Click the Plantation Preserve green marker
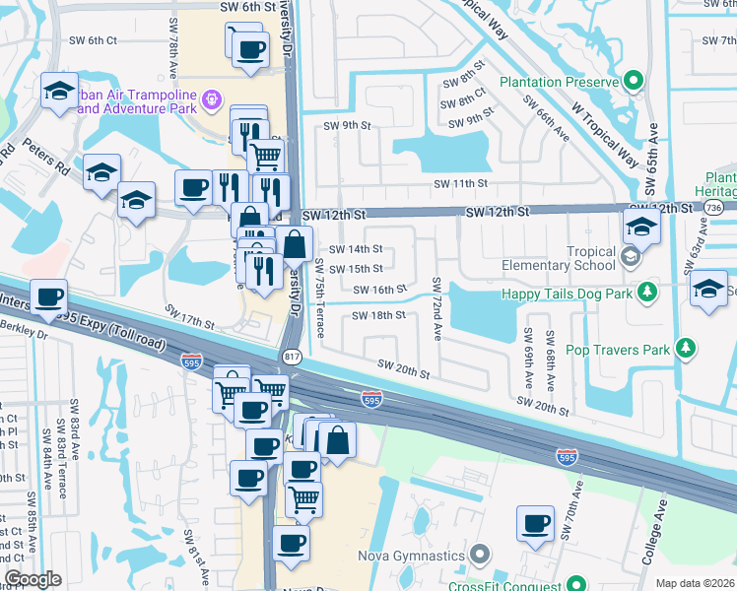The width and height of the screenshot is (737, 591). pos(636,82)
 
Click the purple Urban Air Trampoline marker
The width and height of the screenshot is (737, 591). pos(211,100)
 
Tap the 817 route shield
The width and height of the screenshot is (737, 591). pos(292,355)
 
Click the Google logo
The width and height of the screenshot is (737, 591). pos(33,579)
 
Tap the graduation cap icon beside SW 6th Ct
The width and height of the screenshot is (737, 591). pos(60,92)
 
